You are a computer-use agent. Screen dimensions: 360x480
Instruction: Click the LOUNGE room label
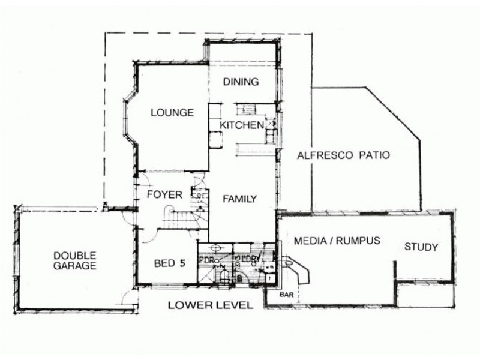(172, 112)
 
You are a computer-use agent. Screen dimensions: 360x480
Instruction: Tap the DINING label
(241, 82)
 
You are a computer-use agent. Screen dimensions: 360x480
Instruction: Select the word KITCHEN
(241, 125)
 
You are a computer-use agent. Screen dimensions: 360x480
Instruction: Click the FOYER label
(160, 194)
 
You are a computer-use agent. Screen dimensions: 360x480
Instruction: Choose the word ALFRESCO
(323, 155)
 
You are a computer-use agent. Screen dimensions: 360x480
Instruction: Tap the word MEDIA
(310, 241)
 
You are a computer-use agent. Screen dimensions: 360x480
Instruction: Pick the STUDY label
(421, 247)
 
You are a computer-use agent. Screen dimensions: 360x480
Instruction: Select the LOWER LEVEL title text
(210, 305)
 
